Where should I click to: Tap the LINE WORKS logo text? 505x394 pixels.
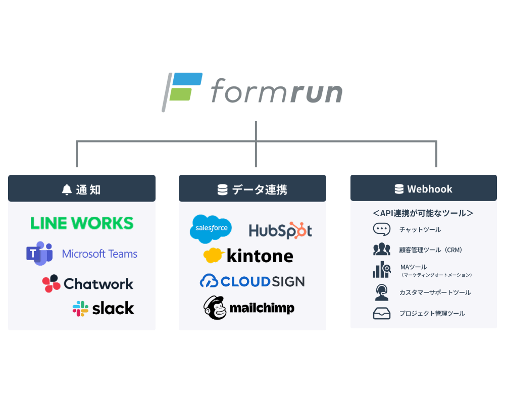82,223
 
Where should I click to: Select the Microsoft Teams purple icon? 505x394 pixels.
39,253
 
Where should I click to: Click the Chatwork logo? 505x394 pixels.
88,284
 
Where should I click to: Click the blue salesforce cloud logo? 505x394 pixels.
211,229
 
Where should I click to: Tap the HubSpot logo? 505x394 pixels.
280,231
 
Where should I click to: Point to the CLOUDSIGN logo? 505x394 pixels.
252,281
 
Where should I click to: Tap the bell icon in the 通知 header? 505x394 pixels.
67,189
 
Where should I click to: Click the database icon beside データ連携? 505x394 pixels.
222,189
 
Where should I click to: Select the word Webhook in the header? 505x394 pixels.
430,189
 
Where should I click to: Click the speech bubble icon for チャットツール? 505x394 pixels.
381,229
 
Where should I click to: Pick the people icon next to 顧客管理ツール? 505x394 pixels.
381,250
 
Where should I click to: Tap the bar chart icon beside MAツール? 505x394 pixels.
381,270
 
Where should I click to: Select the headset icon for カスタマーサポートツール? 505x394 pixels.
381,292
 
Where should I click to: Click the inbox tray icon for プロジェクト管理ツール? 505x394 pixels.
381,314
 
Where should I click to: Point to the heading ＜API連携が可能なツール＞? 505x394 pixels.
423,213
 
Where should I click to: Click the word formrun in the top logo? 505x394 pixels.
276,92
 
